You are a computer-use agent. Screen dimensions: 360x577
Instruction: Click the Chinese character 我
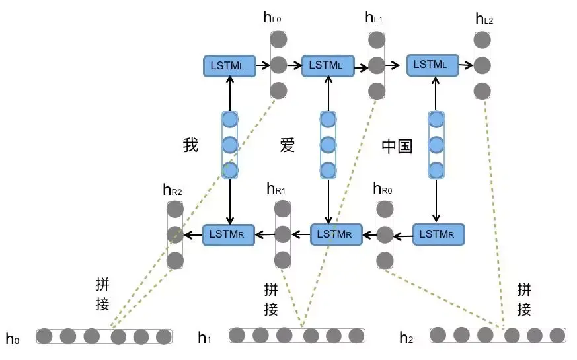190,145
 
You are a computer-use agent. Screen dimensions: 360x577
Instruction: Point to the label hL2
484,18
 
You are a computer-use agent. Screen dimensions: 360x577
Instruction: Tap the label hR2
173,190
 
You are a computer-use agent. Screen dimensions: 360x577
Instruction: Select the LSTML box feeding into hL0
229,65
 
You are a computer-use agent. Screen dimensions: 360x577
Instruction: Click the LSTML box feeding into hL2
432,65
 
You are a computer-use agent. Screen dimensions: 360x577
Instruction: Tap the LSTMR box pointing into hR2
229,234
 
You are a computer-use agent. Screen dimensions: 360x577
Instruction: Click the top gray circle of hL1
377,40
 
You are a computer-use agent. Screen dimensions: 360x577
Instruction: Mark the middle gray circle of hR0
385,234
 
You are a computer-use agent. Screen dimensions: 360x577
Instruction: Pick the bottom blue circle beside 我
229,170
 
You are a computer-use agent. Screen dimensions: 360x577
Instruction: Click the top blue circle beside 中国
436,120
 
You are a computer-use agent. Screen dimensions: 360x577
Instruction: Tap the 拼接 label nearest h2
524,299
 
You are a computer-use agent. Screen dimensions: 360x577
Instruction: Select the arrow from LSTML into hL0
262,65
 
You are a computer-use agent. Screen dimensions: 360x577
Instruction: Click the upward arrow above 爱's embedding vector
328,92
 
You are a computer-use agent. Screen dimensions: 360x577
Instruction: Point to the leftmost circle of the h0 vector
45,336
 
